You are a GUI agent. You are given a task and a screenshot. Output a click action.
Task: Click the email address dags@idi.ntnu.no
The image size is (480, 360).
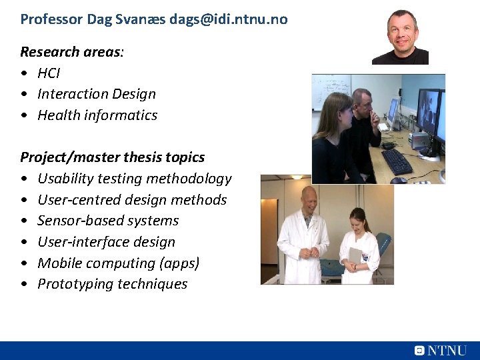[228, 19]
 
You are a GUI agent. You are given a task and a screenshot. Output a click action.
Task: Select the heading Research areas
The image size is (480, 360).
[71, 52]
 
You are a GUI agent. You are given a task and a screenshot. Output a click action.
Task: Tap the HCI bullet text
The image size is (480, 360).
[49, 73]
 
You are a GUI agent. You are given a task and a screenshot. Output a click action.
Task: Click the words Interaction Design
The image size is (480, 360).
[97, 94]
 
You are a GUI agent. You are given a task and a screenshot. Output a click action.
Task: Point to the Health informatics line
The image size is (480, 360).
[97, 115]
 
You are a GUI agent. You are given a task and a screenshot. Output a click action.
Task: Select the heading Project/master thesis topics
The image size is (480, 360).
[112, 157]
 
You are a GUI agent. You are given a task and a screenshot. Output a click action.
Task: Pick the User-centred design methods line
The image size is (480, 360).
[132, 200]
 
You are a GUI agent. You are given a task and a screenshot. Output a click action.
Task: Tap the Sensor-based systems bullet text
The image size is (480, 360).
[108, 221]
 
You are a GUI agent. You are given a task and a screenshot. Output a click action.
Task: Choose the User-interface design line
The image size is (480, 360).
[106, 242]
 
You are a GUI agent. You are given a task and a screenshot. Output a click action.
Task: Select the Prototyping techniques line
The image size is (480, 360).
[112, 284]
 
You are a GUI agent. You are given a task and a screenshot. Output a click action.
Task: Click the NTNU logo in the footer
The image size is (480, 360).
[441, 351]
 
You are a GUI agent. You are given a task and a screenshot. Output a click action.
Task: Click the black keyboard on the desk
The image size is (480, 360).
[397, 161]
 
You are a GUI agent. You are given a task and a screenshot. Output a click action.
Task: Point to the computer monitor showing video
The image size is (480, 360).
[429, 113]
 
